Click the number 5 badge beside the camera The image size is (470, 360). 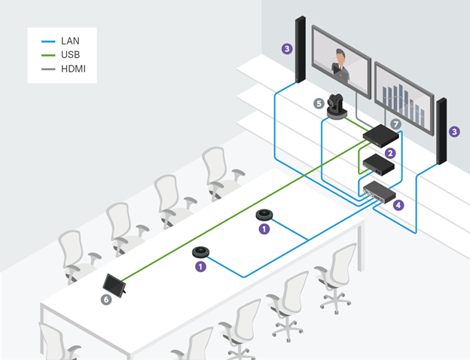(x=319, y=103)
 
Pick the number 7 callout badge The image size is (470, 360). (x=396, y=122)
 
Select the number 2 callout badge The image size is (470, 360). (x=389, y=153)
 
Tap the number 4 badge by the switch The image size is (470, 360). (x=398, y=203)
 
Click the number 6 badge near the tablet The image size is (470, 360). (x=106, y=299)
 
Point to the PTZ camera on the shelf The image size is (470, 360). (x=337, y=103)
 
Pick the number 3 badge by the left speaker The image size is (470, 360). (x=286, y=50)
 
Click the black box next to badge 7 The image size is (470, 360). (x=380, y=135)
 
